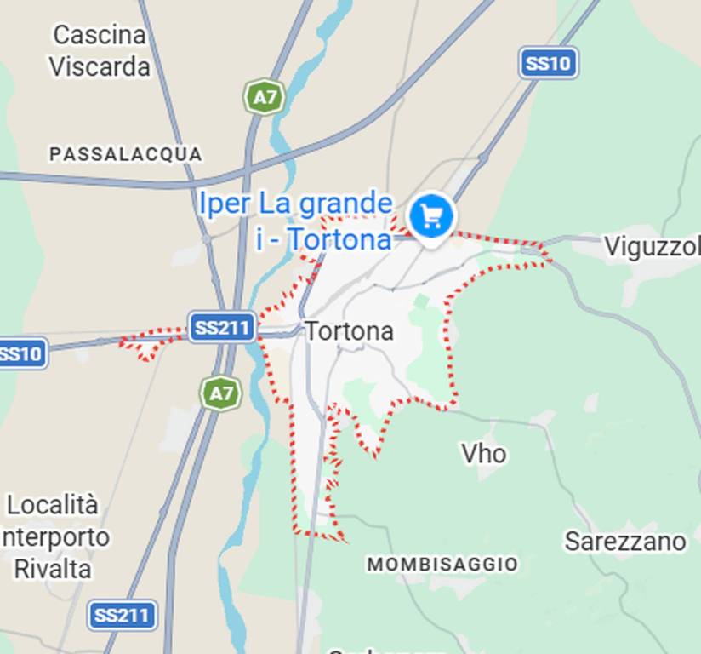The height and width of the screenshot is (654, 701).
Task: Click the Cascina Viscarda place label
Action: coord(99,50)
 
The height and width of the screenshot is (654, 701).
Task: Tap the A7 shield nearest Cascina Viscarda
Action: coord(265,97)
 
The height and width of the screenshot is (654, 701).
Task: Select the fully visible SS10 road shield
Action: coord(549,63)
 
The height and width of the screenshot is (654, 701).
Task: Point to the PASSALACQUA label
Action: coord(126,154)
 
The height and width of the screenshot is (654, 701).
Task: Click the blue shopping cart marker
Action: coord(431,215)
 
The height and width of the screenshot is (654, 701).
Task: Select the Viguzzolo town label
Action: coord(651,247)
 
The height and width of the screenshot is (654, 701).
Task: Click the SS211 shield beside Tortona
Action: coord(221,327)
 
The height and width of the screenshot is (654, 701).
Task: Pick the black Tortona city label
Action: coord(349,330)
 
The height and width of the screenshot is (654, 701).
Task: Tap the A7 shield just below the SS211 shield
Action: coord(220,393)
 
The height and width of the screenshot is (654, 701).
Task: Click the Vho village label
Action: coord(483,453)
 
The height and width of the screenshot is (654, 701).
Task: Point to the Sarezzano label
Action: coord(624,541)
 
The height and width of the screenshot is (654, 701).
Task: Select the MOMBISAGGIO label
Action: coord(442,564)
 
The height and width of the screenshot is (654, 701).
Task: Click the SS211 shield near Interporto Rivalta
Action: coord(123,615)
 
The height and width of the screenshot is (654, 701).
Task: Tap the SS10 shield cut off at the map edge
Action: coord(20,353)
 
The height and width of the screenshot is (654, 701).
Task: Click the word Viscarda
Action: coord(99,66)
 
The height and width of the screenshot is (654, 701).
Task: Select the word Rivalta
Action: coord(53,568)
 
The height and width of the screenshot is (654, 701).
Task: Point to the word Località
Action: coord(53,505)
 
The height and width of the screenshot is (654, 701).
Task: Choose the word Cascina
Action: coord(99,35)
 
